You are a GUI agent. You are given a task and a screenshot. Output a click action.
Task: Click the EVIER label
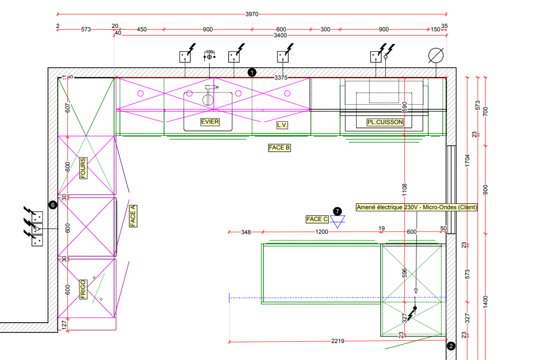(x=209, y=122)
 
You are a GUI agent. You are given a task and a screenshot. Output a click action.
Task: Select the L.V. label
(x=282, y=125)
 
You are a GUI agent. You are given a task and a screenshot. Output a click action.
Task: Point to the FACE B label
(x=280, y=148)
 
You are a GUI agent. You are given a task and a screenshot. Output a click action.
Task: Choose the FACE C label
(x=317, y=219)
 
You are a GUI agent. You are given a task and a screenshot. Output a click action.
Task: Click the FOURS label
(x=82, y=168)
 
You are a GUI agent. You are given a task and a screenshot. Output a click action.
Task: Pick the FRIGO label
(x=82, y=289)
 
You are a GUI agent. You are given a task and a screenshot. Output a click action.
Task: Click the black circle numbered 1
(x=252, y=72)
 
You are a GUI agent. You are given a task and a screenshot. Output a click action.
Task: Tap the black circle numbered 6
(x=52, y=205)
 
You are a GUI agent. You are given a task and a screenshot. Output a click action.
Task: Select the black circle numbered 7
(x=338, y=210)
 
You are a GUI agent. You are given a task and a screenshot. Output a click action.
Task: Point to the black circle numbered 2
(x=451, y=346)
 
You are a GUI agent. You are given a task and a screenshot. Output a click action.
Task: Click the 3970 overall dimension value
(x=252, y=14)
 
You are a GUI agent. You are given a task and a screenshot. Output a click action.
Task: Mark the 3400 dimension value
(x=280, y=35)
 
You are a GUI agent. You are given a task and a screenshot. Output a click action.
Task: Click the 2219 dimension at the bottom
(x=338, y=341)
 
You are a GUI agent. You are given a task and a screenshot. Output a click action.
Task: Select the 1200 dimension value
(x=322, y=232)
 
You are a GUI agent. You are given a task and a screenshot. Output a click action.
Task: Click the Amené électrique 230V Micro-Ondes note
(x=417, y=207)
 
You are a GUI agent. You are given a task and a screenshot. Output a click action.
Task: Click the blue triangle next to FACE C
(x=337, y=220)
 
